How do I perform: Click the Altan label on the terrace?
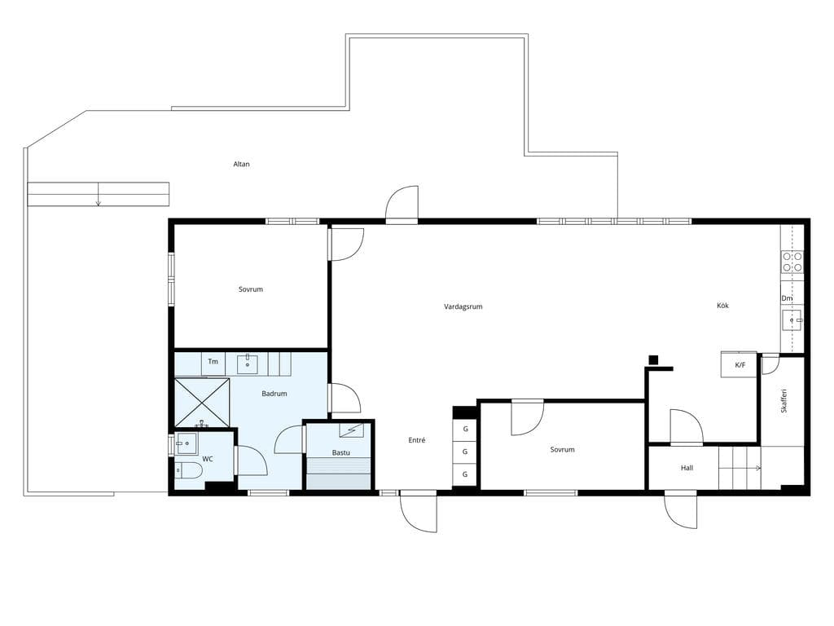click(241, 164)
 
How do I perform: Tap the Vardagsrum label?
click(463, 306)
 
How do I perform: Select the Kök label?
click(723, 306)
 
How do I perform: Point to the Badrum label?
click(274, 394)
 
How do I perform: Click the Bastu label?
click(341, 452)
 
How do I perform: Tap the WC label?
click(208, 458)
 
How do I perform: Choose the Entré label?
click(417, 440)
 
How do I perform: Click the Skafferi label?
click(784, 401)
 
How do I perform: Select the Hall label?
click(687, 468)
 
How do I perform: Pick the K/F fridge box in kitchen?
click(739, 364)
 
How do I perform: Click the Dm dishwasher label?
click(787, 298)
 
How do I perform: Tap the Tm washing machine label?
click(213, 361)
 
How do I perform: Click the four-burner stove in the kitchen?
click(792, 262)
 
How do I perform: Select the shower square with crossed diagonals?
click(202, 403)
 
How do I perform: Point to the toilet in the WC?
click(188, 470)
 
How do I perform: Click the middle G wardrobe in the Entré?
click(465, 452)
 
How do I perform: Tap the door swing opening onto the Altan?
click(402, 203)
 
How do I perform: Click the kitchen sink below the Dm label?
click(792, 320)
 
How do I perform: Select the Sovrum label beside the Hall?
click(562, 449)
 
